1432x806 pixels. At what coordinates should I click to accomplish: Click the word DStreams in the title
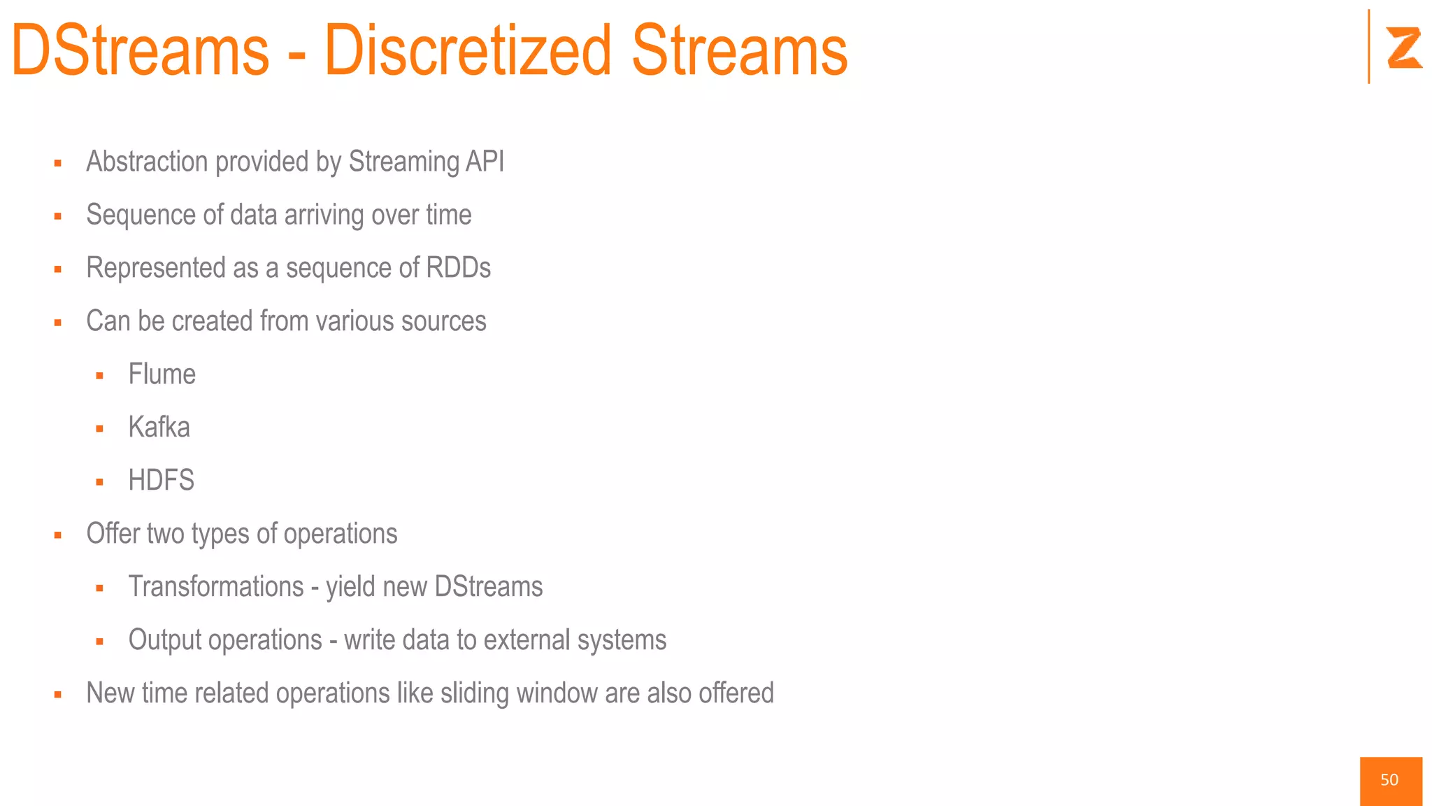tap(140, 50)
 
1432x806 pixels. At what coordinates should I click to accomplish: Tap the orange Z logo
tap(1404, 48)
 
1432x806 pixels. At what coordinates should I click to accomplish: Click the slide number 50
tap(1389, 780)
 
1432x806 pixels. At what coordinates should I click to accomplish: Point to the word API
tap(485, 162)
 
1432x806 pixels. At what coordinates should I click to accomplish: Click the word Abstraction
tap(147, 162)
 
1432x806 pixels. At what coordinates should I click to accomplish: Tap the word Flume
tap(162, 374)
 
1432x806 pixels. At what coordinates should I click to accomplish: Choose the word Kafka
tap(159, 427)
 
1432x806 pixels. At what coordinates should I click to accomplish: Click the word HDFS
tap(161, 481)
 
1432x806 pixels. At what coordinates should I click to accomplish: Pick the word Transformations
tap(216, 587)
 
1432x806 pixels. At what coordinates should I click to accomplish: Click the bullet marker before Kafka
tap(100, 429)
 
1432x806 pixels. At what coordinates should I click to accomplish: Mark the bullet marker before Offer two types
tap(58, 535)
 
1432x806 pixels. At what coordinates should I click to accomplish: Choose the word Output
tap(164, 640)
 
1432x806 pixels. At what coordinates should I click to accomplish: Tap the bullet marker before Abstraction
tap(58, 163)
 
